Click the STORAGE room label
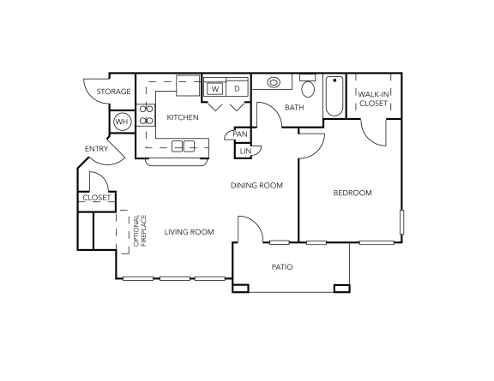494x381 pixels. click(x=113, y=92)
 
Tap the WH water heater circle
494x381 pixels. click(x=122, y=122)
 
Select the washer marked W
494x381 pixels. click(x=214, y=87)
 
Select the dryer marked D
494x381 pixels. click(x=238, y=87)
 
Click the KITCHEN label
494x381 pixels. click(x=183, y=117)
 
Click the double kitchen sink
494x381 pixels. click(x=183, y=146)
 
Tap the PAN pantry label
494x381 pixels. click(x=241, y=134)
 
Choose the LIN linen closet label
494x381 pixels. click(x=244, y=152)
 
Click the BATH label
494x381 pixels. click(x=294, y=108)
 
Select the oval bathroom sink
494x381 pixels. click(x=274, y=84)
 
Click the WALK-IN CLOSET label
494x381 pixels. click(x=373, y=99)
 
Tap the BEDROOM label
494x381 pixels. click(x=352, y=193)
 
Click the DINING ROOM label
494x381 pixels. click(x=256, y=185)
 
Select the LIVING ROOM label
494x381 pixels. click(x=189, y=232)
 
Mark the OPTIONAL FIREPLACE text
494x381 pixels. click(x=139, y=231)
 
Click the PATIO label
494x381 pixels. click(x=282, y=267)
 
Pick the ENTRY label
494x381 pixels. click(x=95, y=150)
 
